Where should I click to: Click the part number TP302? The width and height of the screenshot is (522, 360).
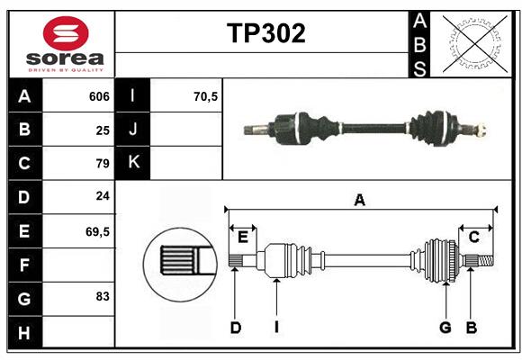(265, 34)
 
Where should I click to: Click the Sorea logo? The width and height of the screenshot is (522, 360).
(61, 45)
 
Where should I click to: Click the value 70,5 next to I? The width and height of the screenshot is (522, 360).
(206, 96)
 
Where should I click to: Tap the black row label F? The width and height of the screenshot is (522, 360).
(24, 265)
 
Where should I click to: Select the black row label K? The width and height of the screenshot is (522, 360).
(134, 163)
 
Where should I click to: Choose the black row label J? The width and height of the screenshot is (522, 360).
(134, 130)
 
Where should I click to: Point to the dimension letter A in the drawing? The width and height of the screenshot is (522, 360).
(360, 201)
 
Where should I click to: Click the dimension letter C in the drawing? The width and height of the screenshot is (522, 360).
(473, 237)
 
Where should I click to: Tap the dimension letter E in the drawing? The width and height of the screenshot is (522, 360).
(243, 237)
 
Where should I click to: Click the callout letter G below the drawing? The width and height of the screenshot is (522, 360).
(445, 328)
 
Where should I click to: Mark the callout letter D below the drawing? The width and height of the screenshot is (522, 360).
(236, 328)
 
